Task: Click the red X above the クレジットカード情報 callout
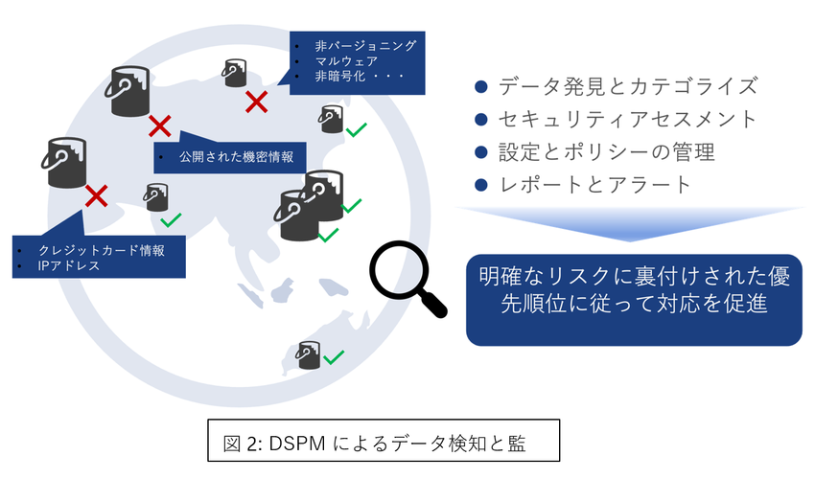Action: click(96, 196)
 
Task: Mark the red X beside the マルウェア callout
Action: click(255, 101)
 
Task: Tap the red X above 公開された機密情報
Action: click(160, 125)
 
